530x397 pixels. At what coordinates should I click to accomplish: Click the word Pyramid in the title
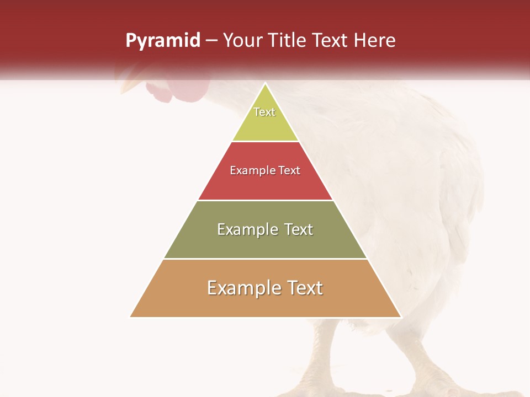[162, 40]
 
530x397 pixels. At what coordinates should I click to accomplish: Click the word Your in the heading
[242, 40]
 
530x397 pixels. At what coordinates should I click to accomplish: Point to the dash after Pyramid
[211, 41]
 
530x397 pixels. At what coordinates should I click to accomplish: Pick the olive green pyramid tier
[265, 243]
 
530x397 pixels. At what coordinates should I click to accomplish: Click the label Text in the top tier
[264, 112]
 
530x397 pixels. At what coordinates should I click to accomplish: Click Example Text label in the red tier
[265, 170]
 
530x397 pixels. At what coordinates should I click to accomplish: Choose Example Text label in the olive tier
[265, 229]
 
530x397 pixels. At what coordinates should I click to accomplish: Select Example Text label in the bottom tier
[265, 288]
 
